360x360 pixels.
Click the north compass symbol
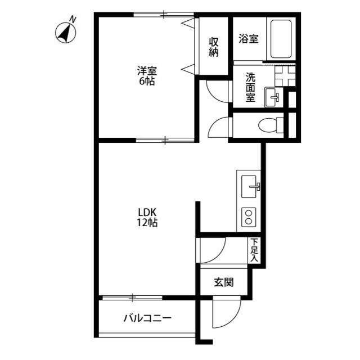(x=65, y=33)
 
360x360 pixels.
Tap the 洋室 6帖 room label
(x=147, y=76)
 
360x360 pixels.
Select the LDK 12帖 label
(x=147, y=217)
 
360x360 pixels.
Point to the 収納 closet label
(x=214, y=47)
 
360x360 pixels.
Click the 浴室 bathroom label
(x=248, y=39)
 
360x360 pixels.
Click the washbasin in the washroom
(x=274, y=96)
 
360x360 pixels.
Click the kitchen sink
(x=250, y=184)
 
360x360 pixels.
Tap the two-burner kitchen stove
(x=249, y=217)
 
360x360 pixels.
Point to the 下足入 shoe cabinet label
(x=254, y=250)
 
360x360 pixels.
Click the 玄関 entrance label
(x=223, y=282)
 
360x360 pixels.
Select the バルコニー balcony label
(x=147, y=318)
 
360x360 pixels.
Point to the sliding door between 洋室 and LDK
(x=165, y=138)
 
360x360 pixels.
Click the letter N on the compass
(x=73, y=20)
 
